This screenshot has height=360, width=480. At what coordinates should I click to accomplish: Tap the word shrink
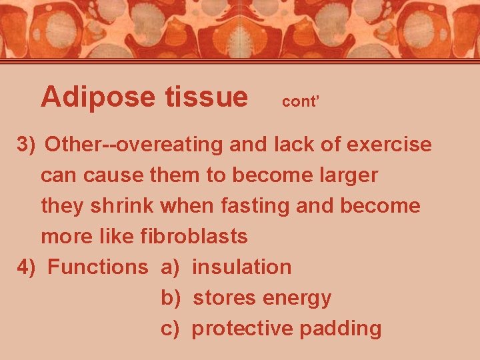pos(123,205)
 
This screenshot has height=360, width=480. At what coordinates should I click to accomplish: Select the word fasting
pos(254,205)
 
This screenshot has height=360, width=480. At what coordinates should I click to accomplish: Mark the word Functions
pos(98,267)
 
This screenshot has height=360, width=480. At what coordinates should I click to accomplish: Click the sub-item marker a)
pos(171,267)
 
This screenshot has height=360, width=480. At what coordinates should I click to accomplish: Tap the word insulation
pos(241,267)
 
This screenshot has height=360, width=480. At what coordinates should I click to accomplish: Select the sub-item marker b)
pos(171,298)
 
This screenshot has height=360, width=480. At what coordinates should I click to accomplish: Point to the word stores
pos(224,298)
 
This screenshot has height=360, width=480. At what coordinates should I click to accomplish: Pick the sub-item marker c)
pos(171,329)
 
